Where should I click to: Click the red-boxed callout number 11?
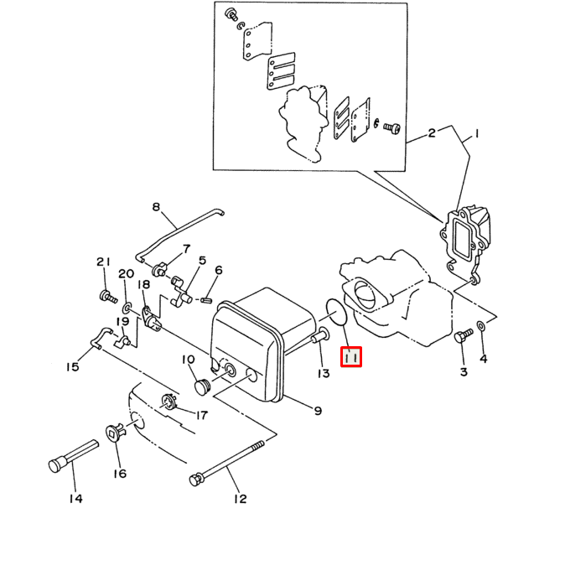(351, 357)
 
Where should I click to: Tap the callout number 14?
(76, 498)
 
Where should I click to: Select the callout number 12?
(240, 499)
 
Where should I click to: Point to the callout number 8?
(156, 207)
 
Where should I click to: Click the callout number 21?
(103, 262)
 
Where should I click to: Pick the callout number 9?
(318, 411)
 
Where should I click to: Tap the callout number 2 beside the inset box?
(432, 133)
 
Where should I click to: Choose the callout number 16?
(120, 473)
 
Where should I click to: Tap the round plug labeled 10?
(203, 386)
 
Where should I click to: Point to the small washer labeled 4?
(481, 326)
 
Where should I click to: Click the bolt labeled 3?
(463, 335)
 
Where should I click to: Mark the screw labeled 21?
(108, 297)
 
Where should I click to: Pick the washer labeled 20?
(127, 308)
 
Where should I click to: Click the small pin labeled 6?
(207, 300)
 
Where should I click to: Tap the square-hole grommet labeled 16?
(116, 432)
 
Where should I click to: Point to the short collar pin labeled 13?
(320, 334)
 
